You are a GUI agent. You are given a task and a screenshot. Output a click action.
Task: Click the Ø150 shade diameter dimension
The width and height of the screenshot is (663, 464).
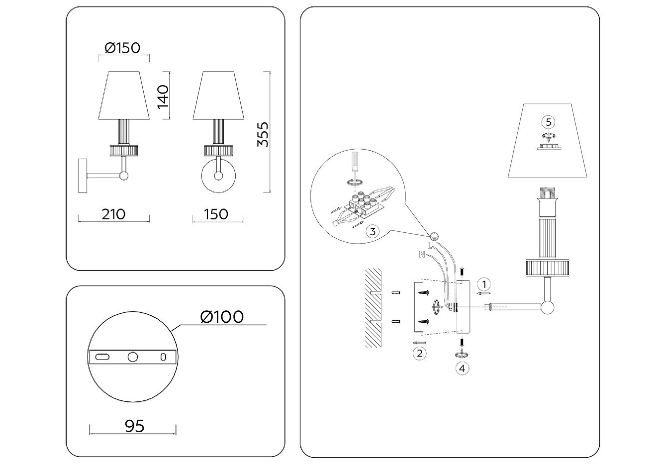pos(123,48)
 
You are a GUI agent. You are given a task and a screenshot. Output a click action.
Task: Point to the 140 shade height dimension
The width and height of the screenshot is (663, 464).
pos(163,96)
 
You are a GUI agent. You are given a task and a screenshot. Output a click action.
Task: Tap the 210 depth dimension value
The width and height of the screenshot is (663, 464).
pos(113,214)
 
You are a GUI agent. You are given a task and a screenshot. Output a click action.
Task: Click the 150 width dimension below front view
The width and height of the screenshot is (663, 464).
pos(216,214)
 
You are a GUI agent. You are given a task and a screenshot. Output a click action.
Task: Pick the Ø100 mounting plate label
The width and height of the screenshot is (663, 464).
pos(222,316)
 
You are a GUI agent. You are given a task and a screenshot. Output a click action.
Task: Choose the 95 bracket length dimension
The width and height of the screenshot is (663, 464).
pos(134,426)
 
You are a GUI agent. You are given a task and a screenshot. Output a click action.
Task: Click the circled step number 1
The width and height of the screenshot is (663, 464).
pos(483,284)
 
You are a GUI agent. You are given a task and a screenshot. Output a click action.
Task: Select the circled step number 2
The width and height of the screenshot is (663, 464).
pos(419,354)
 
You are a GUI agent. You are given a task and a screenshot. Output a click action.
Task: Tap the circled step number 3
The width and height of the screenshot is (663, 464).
pos(372,231)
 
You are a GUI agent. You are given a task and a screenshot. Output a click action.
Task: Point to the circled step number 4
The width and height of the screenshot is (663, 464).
pos(463,369)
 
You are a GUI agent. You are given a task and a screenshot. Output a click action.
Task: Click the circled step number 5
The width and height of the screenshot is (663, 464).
pos(548,122)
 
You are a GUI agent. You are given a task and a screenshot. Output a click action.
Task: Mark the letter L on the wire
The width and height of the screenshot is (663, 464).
pos(430,246)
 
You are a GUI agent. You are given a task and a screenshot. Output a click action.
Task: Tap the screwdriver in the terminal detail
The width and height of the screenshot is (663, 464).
pos(355,164)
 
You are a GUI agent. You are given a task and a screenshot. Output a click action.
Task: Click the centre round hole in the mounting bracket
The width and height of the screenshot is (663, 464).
pos(132,357)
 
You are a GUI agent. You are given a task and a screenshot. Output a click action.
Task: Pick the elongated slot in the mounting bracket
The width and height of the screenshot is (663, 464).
pos(102,357)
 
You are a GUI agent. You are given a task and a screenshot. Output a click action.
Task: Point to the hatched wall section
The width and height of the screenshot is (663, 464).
pos(373,308)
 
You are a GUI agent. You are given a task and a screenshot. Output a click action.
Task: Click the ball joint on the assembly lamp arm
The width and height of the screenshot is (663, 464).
pos(548,307)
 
